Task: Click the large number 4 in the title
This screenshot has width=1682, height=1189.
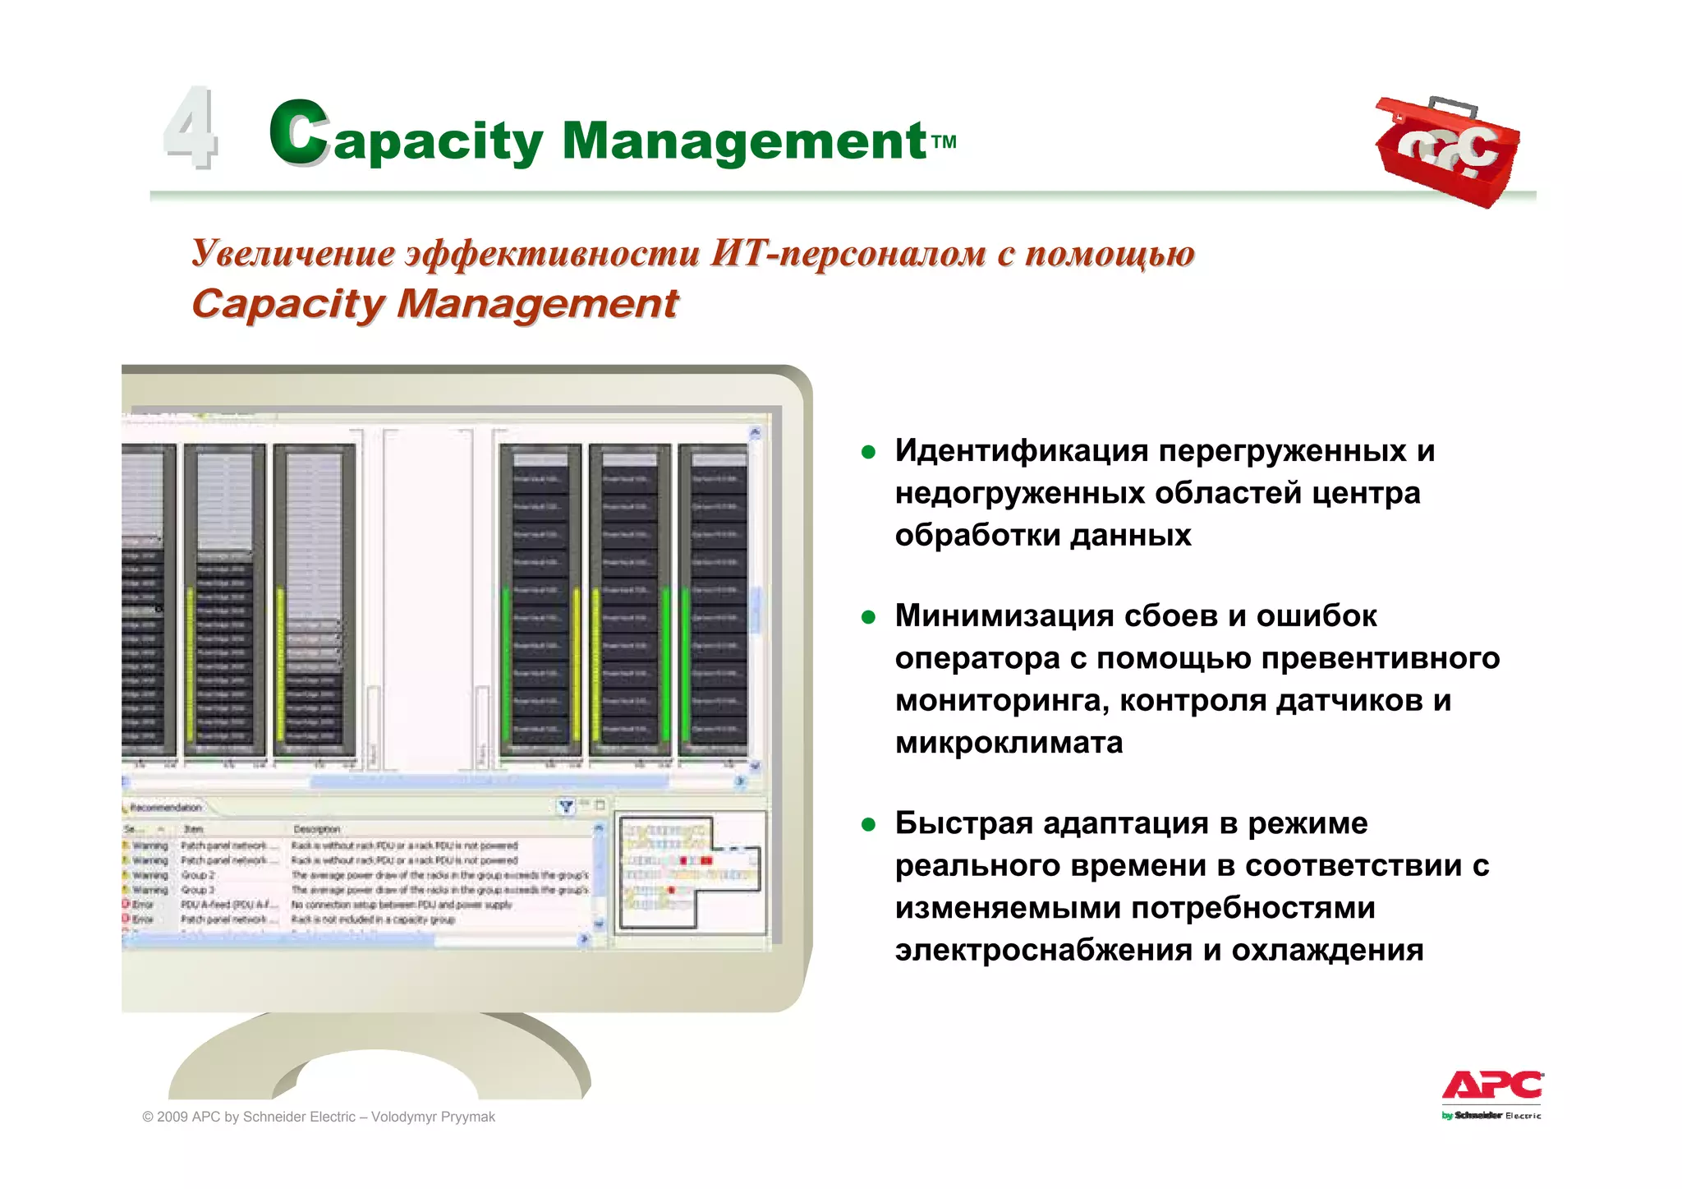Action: [191, 129]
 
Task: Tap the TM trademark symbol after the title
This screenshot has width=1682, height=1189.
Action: [944, 141]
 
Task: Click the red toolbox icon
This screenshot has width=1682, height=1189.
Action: [1447, 151]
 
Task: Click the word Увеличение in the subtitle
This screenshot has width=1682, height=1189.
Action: [293, 253]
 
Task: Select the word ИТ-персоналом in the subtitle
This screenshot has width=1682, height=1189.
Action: [848, 253]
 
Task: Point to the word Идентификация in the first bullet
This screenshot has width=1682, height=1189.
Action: [1022, 450]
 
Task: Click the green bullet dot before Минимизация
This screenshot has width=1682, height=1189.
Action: [868, 616]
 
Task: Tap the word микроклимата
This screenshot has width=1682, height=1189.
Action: [1009, 742]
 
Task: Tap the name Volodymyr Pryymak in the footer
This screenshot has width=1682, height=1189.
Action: [433, 1117]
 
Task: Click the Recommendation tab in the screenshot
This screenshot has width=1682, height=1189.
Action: [165, 808]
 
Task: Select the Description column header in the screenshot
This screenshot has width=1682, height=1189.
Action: [316, 829]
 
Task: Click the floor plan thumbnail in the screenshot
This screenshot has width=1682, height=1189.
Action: [690, 873]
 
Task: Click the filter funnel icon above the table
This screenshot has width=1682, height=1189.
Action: [566, 806]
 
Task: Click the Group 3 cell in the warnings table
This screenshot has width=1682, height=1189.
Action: [198, 890]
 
